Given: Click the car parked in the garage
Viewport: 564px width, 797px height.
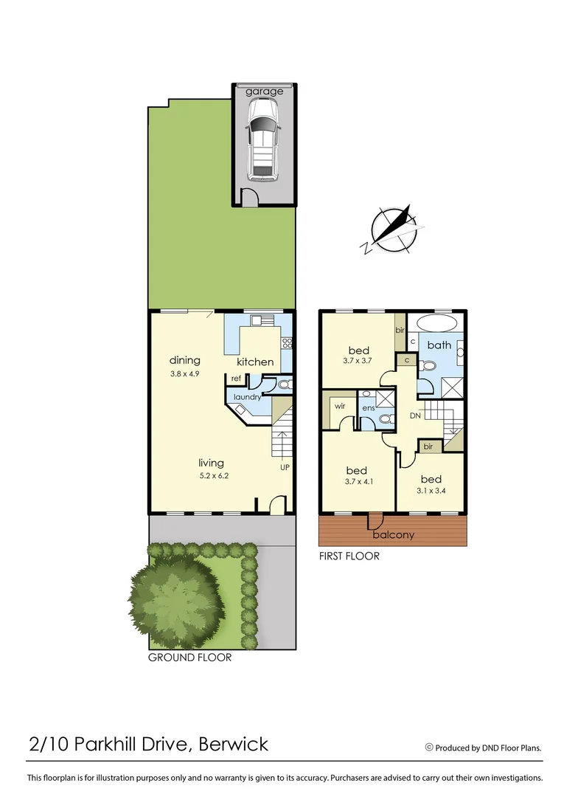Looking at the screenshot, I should pos(263,139).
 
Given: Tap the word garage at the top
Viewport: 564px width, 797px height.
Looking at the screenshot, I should pos(264,92).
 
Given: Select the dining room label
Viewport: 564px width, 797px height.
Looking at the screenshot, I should pos(185,360).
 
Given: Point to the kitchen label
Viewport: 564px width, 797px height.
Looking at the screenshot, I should pos(255,362).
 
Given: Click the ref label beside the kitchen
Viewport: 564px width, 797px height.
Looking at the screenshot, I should pos(237,379).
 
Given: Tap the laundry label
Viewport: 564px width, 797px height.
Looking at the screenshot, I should pos(247,397).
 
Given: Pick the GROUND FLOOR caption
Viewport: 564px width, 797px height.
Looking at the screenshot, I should pos(189,657).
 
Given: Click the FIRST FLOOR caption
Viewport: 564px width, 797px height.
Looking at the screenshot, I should pos(349,556).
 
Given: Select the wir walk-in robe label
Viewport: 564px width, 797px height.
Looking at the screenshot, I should pos(340,406).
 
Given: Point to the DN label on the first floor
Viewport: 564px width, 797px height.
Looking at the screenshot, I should pos(415,416).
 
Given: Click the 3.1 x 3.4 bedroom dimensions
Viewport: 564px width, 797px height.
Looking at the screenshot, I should pos(431,491).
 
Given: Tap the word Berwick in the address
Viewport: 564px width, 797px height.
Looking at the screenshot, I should pos(234,743).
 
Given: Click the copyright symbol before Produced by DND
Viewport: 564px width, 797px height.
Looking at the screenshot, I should pos(429,747).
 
